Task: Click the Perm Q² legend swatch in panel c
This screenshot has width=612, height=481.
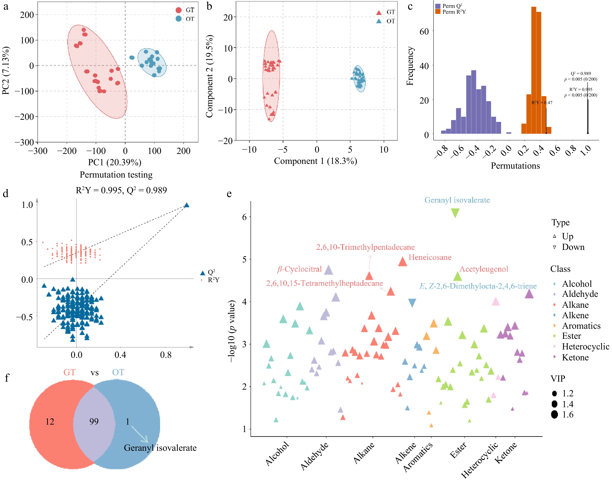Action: point(438,6)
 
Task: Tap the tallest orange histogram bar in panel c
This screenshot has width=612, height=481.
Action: point(534,70)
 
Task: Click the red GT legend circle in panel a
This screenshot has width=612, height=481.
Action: point(178,10)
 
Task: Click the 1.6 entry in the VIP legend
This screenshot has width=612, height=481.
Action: point(567,415)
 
